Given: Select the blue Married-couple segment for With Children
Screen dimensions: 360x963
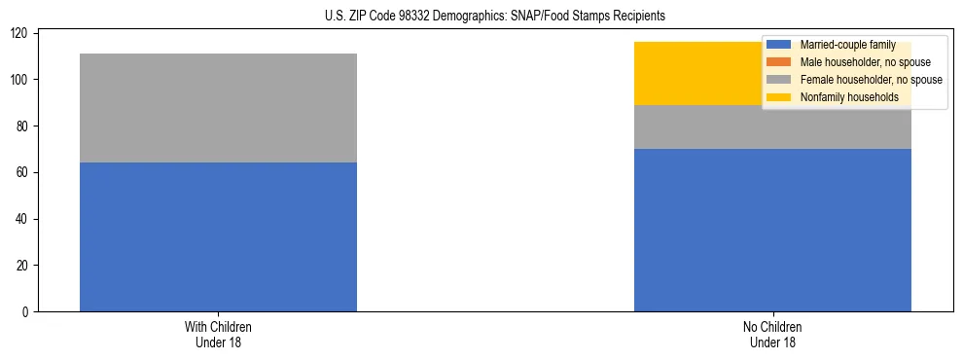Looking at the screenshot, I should click(218, 236).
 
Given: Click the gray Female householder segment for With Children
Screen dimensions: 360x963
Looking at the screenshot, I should click(218, 108).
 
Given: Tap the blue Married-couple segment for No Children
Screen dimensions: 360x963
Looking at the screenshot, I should click(772, 230).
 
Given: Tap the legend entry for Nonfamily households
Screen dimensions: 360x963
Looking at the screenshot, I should click(849, 97).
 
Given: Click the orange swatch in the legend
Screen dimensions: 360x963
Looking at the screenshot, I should click(779, 62).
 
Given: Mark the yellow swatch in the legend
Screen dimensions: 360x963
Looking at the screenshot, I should click(779, 97).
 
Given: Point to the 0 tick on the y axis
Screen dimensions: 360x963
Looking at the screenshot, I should click(26, 312).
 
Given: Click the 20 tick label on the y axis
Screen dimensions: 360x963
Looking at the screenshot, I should click(23, 266).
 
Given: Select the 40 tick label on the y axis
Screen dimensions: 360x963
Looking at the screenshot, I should click(23, 219).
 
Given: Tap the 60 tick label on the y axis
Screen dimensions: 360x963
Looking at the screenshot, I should click(23, 172).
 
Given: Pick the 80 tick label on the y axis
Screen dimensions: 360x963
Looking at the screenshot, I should click(23, 126).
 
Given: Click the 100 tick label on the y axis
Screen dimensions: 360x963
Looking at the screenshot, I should click(20, 80).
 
